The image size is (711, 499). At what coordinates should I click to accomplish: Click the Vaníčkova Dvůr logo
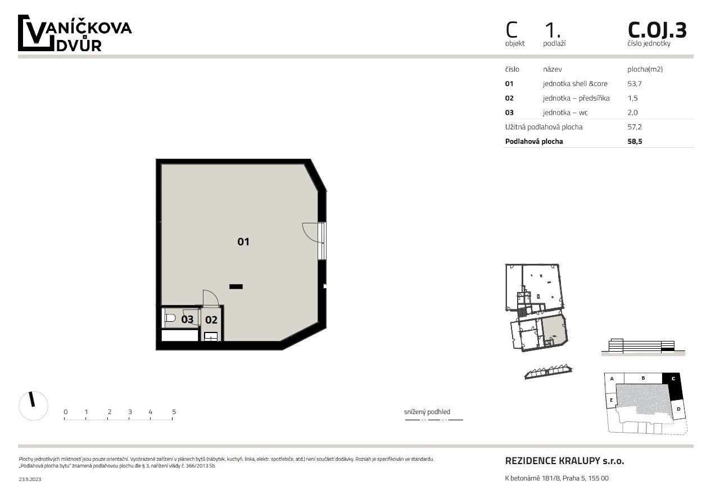75,33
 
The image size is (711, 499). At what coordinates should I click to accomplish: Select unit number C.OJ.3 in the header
657,30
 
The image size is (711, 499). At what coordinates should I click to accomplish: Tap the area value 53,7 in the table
635,83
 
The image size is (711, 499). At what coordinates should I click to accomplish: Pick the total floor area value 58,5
635,141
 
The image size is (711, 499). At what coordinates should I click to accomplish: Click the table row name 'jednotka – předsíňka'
576,98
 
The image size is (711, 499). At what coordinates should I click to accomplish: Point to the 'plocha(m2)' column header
645,69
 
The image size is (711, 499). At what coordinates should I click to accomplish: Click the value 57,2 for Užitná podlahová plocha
635,127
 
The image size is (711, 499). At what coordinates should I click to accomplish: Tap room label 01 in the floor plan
243,242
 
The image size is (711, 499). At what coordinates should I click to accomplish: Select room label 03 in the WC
187,319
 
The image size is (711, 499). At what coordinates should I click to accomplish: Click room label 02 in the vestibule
211,320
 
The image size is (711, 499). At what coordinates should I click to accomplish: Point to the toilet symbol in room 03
170,318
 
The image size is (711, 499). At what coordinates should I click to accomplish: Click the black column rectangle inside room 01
236,286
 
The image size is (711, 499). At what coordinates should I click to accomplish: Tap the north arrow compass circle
33,406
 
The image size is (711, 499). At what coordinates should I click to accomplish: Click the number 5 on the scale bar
174,412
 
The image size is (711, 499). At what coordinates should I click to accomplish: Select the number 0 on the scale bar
65,412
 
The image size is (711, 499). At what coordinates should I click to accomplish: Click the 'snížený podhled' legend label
427,412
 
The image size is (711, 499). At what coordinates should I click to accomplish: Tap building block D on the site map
678,409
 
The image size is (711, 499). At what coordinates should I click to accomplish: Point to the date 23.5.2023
30,479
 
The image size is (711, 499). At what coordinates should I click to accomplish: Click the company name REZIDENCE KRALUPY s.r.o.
564,461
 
